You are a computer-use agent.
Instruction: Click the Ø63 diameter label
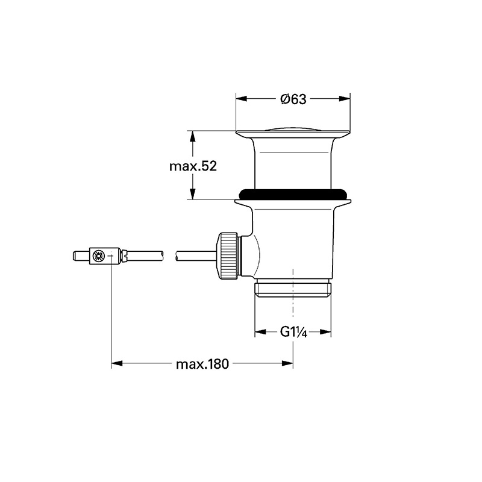(x=293, y=99)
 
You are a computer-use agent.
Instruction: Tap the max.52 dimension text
(x=193, y=166)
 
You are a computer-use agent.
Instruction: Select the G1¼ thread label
(x=293, y=332)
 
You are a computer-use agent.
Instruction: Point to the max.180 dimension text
(x=202, y=365)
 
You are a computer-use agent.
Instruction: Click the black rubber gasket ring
(x=293, y=193)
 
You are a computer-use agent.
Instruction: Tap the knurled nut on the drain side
(x=228, y=256)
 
